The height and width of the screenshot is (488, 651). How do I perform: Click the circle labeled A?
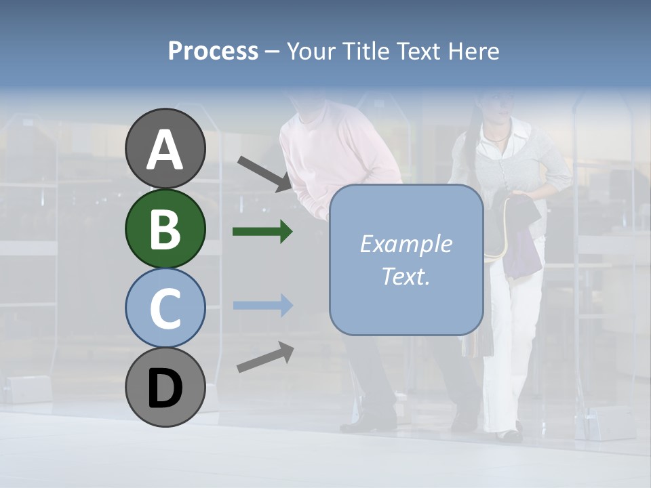165,149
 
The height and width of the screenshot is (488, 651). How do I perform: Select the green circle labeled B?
165,229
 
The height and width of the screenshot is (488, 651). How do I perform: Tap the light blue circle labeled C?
165,308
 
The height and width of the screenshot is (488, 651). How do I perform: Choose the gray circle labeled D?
165,388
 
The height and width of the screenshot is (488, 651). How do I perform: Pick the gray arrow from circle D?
265,357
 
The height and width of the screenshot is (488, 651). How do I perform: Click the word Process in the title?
213,51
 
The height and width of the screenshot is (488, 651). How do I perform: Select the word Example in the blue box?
406,244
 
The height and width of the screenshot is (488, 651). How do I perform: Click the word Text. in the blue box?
406,277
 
